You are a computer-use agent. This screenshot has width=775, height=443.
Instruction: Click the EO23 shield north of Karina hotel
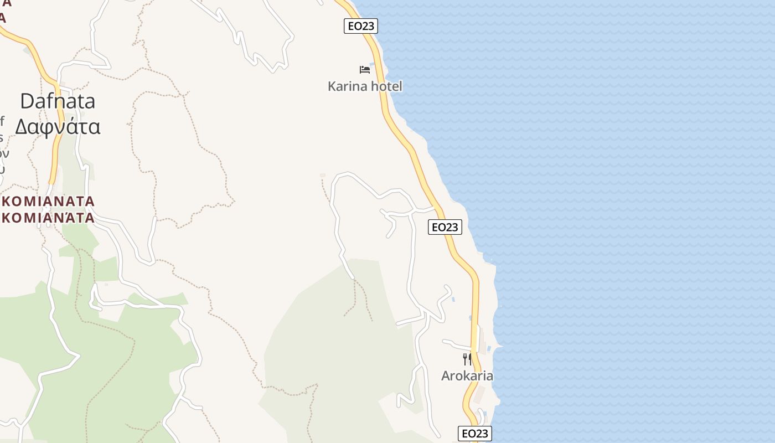coord(360,26)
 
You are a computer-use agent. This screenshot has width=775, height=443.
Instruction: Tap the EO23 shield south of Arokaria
coord(474,434)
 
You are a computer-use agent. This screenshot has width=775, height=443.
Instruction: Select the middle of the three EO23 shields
coord(445,227)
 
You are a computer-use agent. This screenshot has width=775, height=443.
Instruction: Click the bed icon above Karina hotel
coord(365,70)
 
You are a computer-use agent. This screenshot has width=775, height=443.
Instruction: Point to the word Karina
coord(347,86)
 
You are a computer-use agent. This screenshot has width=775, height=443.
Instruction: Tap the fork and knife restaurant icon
coord(467,359)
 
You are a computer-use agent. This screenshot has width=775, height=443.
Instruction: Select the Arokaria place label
coord(467,376)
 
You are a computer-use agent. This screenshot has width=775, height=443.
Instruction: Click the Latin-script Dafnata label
coord(58,101)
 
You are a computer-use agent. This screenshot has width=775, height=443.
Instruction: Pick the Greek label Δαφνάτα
coord(58,127)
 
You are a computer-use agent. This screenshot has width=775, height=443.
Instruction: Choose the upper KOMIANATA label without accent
coord(48,202)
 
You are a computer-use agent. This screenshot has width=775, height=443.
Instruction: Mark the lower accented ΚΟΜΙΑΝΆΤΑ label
coord(48,218)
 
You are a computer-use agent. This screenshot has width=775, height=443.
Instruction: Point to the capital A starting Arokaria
coord(446,376)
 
